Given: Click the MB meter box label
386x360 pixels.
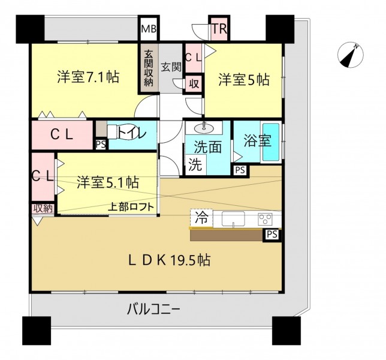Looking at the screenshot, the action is coord(149,29).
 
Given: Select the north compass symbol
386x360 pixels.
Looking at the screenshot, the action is coord(351,56).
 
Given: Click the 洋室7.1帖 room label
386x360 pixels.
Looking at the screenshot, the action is coord(88,77).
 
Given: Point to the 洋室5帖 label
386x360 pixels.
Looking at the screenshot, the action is coord(244,80).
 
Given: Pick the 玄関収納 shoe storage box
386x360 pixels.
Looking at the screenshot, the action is coord(149,68).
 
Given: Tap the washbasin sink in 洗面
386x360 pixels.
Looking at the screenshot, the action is coord(204,128).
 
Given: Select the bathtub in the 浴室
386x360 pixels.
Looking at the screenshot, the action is coord(271,142).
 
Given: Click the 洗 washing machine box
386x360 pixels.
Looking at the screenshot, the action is coord(196,164).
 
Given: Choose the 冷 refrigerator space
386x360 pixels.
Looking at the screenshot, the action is coord(201,218).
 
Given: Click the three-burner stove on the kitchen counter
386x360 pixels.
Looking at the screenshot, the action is coord(265,218).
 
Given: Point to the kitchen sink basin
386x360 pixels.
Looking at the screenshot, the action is coord(233,218).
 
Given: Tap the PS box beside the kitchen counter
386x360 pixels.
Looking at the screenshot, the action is coord(272,235).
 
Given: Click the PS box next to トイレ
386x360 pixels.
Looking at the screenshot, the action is coord(101,145).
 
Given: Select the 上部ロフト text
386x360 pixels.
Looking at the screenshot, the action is coord(131,207).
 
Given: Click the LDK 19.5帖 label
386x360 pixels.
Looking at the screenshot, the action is coord(170,260).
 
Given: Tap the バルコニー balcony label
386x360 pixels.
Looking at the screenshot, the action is coord(153,309).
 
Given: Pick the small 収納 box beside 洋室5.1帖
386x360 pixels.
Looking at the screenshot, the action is coord(43,209).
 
